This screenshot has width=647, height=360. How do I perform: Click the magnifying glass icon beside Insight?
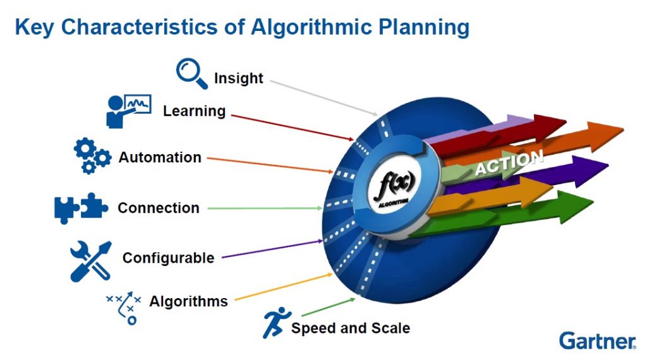pyautogui.click(x=191, y=74)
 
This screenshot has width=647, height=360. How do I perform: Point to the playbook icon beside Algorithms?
pyautogui.click(x=124, y=306)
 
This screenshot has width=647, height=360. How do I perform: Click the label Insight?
pyautogui.click(x=238, y=78)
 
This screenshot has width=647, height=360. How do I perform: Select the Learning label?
pyautogui.click(x=194, y=111)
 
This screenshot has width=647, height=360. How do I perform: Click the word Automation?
pyautogui.click(x=160, y=157)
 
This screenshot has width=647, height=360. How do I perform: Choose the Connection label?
pyautogui.click(x=158, y=208)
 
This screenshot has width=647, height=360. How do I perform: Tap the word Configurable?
pyautogui.click(x=168, y=258)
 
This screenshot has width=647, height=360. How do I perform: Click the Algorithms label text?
pyautogui.click(x=188, y=301)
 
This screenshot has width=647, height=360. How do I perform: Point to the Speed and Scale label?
pyautogui.click(x=350, y=328)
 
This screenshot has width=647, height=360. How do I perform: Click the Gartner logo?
pyautogui.click(x=597, y=340)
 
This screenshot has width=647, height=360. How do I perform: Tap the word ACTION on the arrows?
pyautogui.click(x=509, y=163)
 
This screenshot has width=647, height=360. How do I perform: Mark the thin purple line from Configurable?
pyautogui.click(x=272, y=249)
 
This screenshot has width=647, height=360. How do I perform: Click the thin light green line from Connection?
pyautogui.click(x=265, y=208)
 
